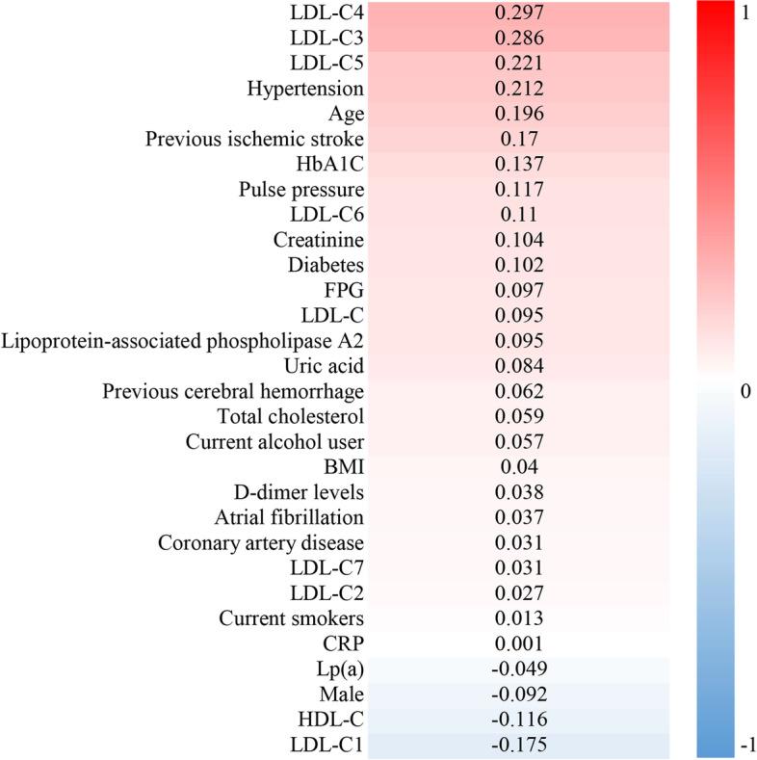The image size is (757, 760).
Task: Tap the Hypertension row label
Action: point(305,90)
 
